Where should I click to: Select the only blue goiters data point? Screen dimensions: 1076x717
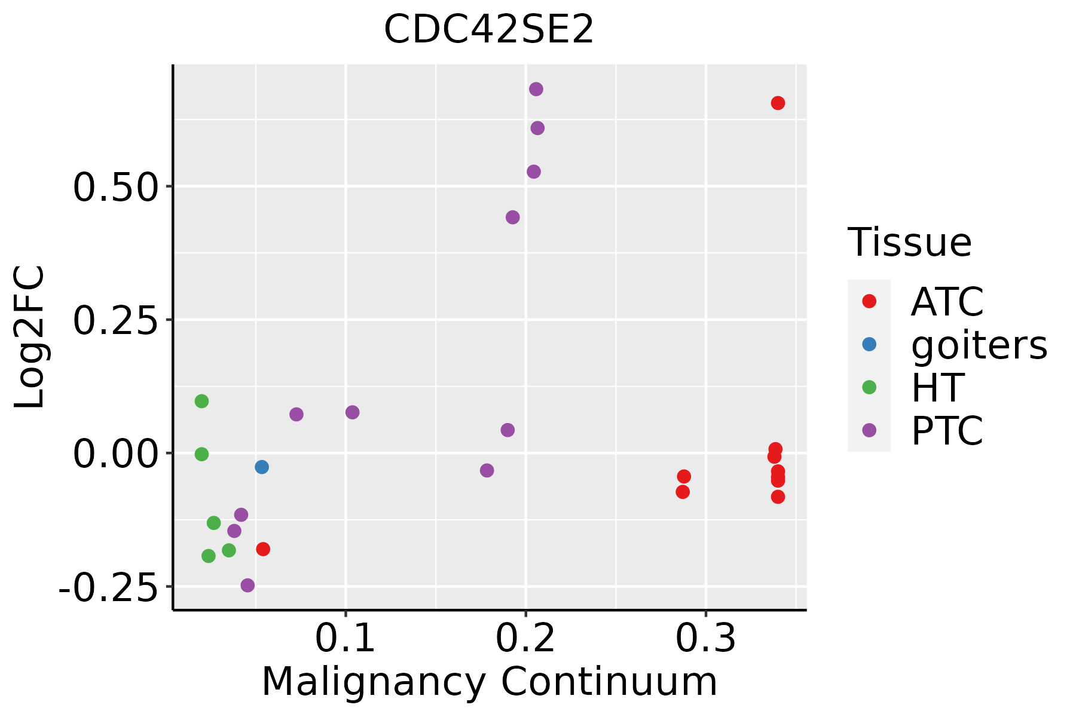(x=262, y=467)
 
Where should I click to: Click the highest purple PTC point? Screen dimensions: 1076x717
(x=536, y=89)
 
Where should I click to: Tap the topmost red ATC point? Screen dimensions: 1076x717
(x=778, y=103)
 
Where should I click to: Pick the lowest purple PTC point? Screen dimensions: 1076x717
(x=247, y=585)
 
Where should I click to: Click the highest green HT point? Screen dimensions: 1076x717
(x=202, y=401)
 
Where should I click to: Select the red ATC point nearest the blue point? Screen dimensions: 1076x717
(x=263, y=549)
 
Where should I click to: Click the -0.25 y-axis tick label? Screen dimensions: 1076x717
(x=108, y=588)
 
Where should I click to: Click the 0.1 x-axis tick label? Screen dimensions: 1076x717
(x=345, y=639)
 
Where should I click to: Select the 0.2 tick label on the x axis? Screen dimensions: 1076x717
(x=525, y=639)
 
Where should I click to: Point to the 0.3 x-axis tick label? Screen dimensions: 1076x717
(x=706, y=639)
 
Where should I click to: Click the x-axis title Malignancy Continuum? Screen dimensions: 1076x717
(x=490, y=682)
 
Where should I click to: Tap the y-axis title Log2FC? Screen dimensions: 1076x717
(x=30, y=338)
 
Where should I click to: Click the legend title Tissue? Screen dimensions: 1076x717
(x=910, y=242)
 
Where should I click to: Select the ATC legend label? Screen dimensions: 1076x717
(x=947, y=302)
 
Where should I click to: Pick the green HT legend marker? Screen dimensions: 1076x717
(x=869, y=387)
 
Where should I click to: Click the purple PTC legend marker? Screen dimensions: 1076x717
(x=869, y=430)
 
